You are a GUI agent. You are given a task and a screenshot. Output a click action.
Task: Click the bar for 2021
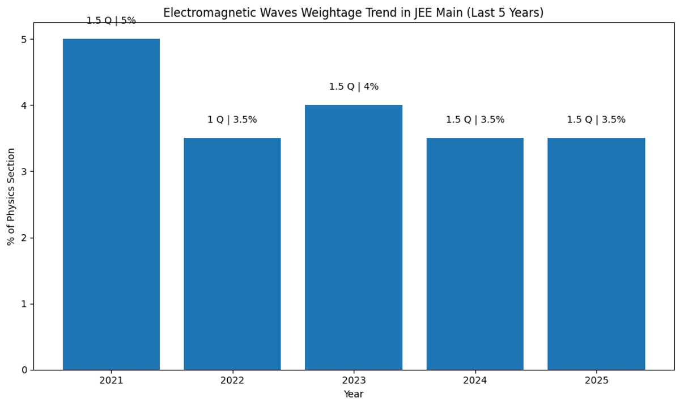pos(111,204)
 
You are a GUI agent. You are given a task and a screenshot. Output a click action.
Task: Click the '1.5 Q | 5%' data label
pos(111,21)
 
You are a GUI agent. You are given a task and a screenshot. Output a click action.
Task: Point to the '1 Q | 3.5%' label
pos(232,120)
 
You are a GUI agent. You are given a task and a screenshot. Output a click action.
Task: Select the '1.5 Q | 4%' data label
pos(354,87)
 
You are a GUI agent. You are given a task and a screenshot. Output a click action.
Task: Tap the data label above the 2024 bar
pos(475,120)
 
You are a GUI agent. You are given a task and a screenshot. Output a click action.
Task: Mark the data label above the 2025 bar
pos(596,120)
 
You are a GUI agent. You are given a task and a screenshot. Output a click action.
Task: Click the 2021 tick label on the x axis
pos(111,380)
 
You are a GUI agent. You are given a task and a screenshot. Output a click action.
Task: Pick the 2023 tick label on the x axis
pos(354,380)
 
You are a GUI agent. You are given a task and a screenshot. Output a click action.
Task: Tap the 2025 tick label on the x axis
pos(596,380)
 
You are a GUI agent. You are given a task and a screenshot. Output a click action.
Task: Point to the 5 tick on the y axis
pos(24,39)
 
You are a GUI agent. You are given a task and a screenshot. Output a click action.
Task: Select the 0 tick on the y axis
pos(24,370)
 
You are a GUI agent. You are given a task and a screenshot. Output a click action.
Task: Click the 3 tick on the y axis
pos(24,171)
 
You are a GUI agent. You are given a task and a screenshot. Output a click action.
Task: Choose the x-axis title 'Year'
pos(354,394)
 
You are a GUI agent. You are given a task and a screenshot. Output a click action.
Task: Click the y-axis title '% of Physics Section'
pos(11,196)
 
